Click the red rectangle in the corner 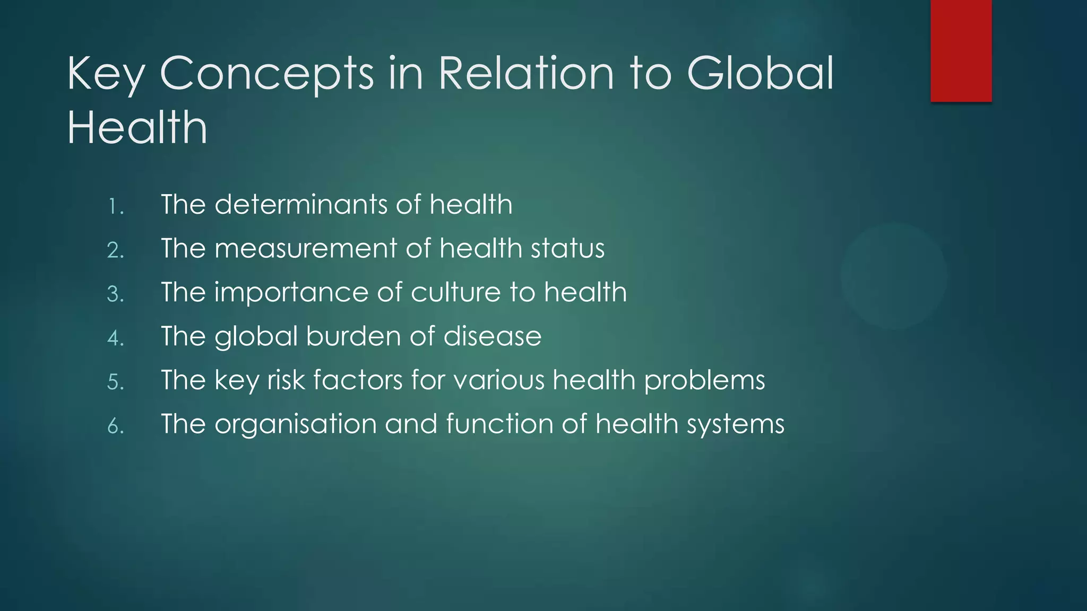tap(961, 50)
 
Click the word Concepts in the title tap(266, 74)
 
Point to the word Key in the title tap(106, 75)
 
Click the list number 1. tap(115, 206)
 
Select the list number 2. tap(115, 250)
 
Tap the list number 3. tap(115, 294)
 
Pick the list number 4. tap(115, 338)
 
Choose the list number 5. tap(115, 382)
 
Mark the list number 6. tap(115, 426)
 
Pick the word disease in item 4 tap(492, 337)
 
